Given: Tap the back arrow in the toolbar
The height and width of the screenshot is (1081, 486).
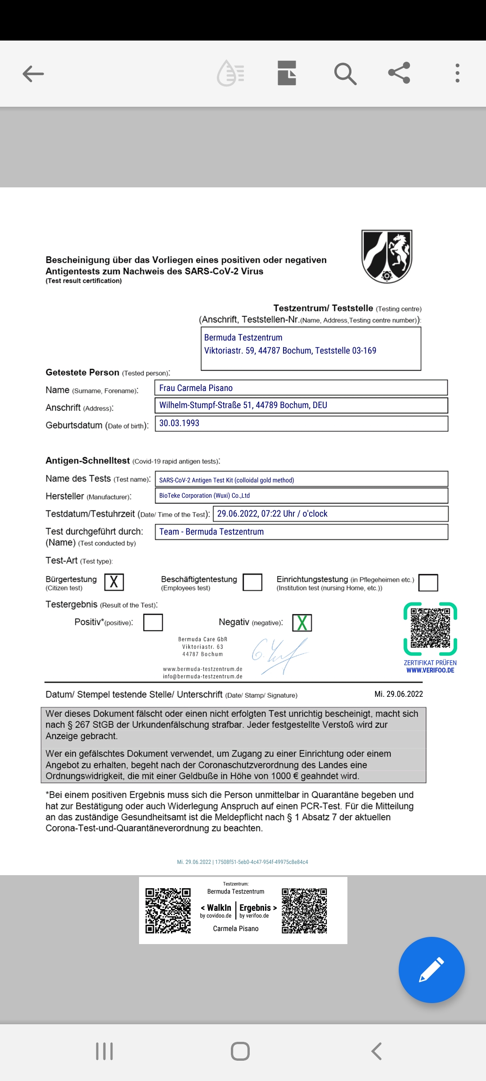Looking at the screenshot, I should pyautogui.click(x=33, y=74).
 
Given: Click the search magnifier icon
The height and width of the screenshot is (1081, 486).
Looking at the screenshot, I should pyautogui.click(x=345, y=74).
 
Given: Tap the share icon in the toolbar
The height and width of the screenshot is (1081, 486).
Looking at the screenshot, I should pyautogui.click(x=399, y=73).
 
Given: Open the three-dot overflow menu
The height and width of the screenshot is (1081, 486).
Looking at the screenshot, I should pyautogui.click(x=457, y=73).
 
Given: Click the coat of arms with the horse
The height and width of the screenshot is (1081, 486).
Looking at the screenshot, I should pyautogui.click(x=387, y=256).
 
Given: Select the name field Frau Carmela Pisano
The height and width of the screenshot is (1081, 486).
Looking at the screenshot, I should pyautogui.click(x=301, y=388).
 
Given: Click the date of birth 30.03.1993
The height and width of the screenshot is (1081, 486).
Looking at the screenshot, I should pyautogui.click(x=301, y=423).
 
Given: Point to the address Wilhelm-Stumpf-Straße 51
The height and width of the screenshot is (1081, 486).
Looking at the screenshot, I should pyautogui.click(x=301, y=405).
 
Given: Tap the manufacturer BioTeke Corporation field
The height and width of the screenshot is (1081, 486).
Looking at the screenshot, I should pyautogui.click(x=301, y=495).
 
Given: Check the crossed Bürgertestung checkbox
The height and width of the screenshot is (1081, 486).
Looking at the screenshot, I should pyautogui.click(x=114, y=582).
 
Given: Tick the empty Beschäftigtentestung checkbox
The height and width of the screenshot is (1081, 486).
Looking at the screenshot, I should pyautogui.click(x=252, y=582).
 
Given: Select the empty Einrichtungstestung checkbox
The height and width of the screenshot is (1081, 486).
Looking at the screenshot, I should pyautogui.click(x=428, y=582).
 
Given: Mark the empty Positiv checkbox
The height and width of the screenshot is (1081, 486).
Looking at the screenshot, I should pyautogui.click(x=153, y=622).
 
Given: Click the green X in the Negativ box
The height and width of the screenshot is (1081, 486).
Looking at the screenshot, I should pyautogui.click(x=302, y=623).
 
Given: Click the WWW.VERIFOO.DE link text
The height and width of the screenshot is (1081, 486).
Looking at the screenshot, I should pyautogui.click(x=430, y=670).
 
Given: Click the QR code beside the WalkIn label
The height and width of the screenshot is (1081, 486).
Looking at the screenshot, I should pyautogui.click(x=168, y=910).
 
